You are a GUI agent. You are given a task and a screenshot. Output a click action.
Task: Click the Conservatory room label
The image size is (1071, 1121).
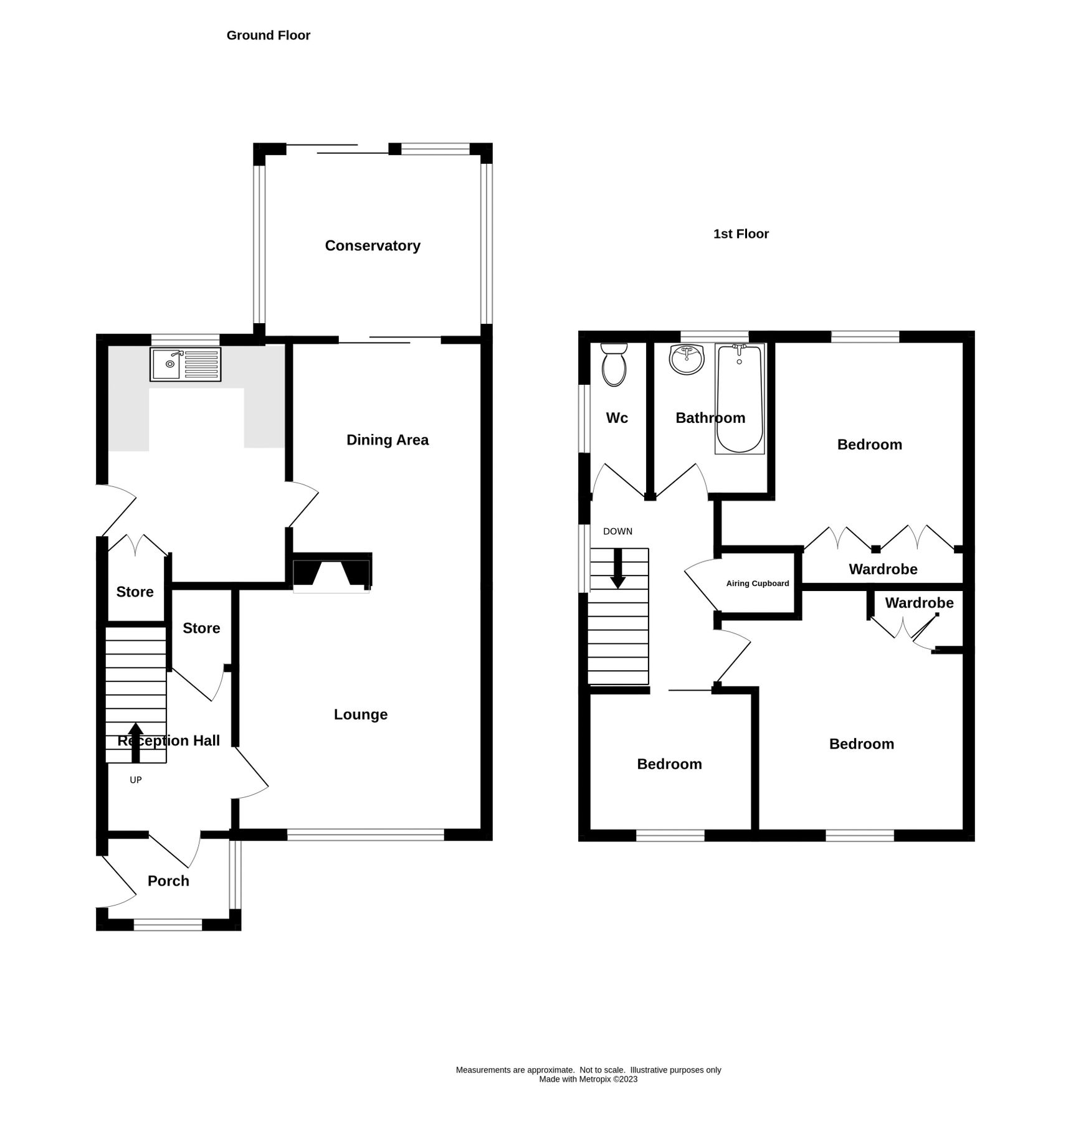(x=372, y=245)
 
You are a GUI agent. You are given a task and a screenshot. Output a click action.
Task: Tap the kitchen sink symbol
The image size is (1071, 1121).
(x=185, y=364)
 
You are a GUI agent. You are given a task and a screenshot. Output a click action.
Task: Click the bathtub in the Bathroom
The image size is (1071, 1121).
(x=740, y=399)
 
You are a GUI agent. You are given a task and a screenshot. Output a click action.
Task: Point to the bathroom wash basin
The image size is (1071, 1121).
(x=686, y=359)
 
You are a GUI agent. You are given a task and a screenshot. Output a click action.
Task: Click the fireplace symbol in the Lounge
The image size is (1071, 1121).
(x=331, y=572)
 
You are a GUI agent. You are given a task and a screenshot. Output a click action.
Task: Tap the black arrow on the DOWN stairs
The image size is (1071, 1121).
(x=617, y=569)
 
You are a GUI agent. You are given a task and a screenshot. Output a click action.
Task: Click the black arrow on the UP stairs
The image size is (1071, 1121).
(x=135, y=742)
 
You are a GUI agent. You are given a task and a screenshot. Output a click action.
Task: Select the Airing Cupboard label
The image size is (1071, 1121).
(x=757, y=584)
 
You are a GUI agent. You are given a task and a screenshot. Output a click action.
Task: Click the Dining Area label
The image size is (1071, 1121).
(x=387, y=440)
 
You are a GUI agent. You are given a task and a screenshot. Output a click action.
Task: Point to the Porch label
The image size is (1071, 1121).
(x=168, y=881)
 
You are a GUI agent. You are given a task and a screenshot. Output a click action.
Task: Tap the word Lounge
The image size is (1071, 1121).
(x=360, y=714)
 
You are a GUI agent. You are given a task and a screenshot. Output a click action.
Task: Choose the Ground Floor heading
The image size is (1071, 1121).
(x=268, y=35)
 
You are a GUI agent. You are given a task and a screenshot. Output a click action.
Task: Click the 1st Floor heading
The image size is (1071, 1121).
(x=740, y=234)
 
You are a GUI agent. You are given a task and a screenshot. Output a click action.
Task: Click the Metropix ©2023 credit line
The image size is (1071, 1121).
(x=588, y=1079)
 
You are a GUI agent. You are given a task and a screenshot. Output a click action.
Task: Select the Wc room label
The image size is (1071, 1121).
(x=616, y=418)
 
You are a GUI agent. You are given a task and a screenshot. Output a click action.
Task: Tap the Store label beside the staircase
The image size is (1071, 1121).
(x=135, y=592)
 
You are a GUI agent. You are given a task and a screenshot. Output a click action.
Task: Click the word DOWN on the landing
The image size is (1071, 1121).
(x=617, y=531)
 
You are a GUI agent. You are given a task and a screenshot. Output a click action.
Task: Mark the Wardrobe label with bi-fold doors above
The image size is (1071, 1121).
(x=882, y=569)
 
